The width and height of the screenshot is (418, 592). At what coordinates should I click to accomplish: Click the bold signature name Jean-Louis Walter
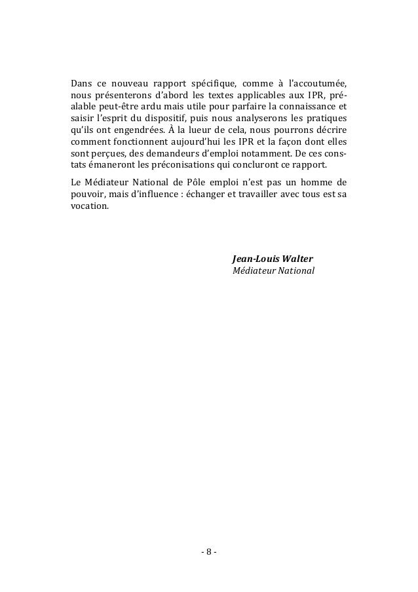click(273, 257)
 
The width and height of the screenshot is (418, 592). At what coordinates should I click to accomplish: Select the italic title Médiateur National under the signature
click(274, 270)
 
